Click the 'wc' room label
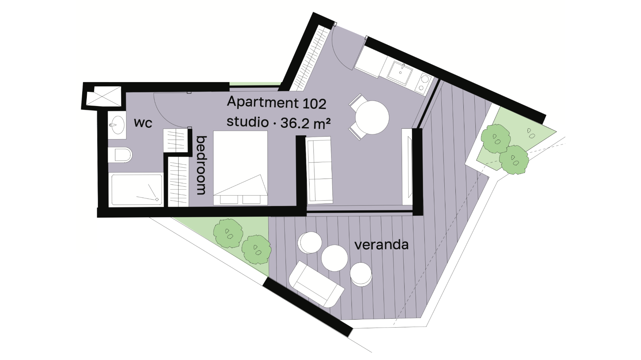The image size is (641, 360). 143,123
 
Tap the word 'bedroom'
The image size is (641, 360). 201,165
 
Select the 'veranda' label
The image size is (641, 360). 381,245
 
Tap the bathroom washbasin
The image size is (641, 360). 117,125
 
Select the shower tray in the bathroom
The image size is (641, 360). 137,190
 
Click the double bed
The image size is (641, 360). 240,168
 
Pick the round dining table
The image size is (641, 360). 372,117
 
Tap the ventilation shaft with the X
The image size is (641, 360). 103,96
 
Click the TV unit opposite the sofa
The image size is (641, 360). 407,166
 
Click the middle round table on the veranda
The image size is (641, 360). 335,258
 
